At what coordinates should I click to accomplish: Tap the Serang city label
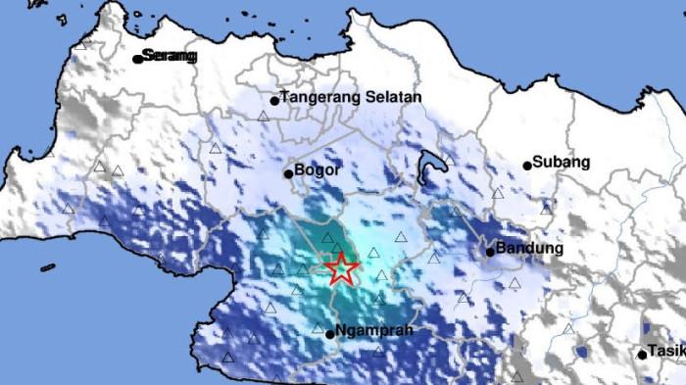point(170,57)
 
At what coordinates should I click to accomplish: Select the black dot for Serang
point(138,58)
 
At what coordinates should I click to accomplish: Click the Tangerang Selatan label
point(351,98)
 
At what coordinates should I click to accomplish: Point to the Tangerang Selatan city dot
point(274,100)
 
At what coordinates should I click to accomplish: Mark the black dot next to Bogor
point(288,174)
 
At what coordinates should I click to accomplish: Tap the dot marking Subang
point(527,165)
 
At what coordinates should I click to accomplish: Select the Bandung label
point(530,249)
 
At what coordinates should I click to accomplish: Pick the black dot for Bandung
point(489,252)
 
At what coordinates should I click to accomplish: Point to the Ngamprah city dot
point(329,333)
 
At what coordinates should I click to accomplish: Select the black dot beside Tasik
point(642,354)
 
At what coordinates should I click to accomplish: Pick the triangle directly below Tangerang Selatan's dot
point(263,116)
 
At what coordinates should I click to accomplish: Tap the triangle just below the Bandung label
point(514,283)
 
